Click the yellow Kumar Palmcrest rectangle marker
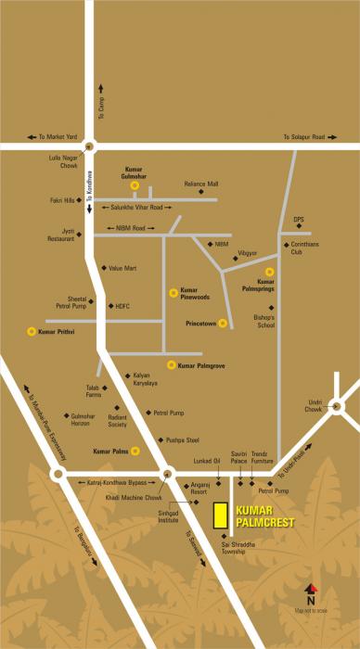[x=221, y=516]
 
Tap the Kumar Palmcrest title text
[x=265, y=516]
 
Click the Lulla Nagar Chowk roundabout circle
[x=88, y=145]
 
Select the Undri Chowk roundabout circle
[x=335, y=406]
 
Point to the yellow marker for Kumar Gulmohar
[x=135, y=185]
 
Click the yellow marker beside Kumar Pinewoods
[x=172, y=292]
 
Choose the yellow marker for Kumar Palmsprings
[x=269, y=271]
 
